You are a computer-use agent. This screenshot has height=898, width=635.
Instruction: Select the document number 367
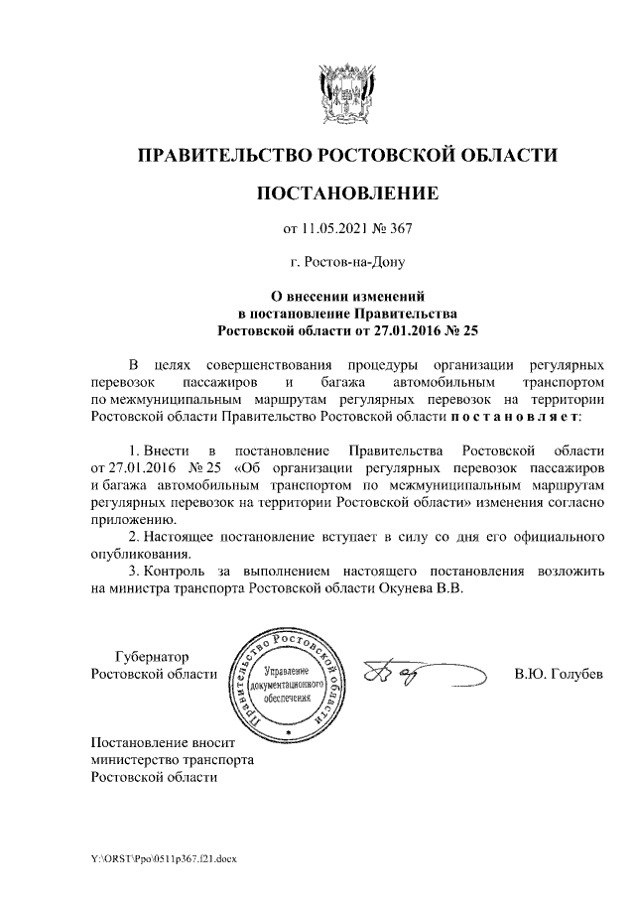tap(399, 229)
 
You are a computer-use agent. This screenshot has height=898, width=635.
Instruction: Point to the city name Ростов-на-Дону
tap(346, 263)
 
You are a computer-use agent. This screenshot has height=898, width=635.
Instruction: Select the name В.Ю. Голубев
tap(559, 675)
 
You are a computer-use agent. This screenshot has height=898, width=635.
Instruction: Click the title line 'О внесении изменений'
tap(347, 296)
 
